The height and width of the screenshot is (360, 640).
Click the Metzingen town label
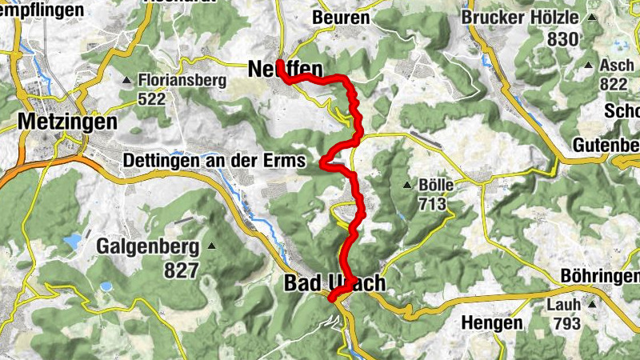66,122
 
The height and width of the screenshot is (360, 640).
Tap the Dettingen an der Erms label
214,161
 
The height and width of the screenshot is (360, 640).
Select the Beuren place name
342,17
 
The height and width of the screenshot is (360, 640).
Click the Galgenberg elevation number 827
181,270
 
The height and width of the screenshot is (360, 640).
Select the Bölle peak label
436,185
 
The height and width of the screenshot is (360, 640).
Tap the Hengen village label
492,323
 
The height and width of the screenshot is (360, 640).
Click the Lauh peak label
564,304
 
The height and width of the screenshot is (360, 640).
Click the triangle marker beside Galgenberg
211,245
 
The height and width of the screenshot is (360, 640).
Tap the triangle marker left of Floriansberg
127,80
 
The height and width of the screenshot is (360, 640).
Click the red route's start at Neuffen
280,62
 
